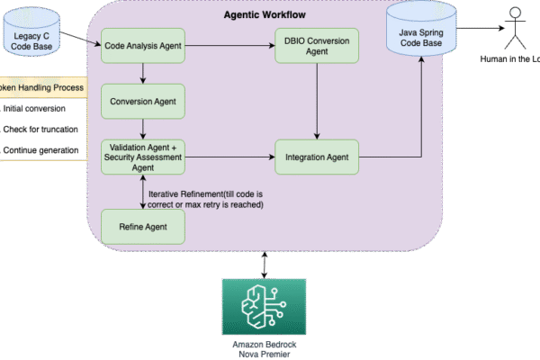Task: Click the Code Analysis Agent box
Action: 143,45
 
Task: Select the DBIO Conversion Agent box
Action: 315,45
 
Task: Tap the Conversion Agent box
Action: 143,102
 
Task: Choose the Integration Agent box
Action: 315,157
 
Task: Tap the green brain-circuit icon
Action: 263,306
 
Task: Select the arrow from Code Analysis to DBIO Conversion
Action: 229,45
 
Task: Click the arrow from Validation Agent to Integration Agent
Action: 229,157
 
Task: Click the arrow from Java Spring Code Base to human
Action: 477,27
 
